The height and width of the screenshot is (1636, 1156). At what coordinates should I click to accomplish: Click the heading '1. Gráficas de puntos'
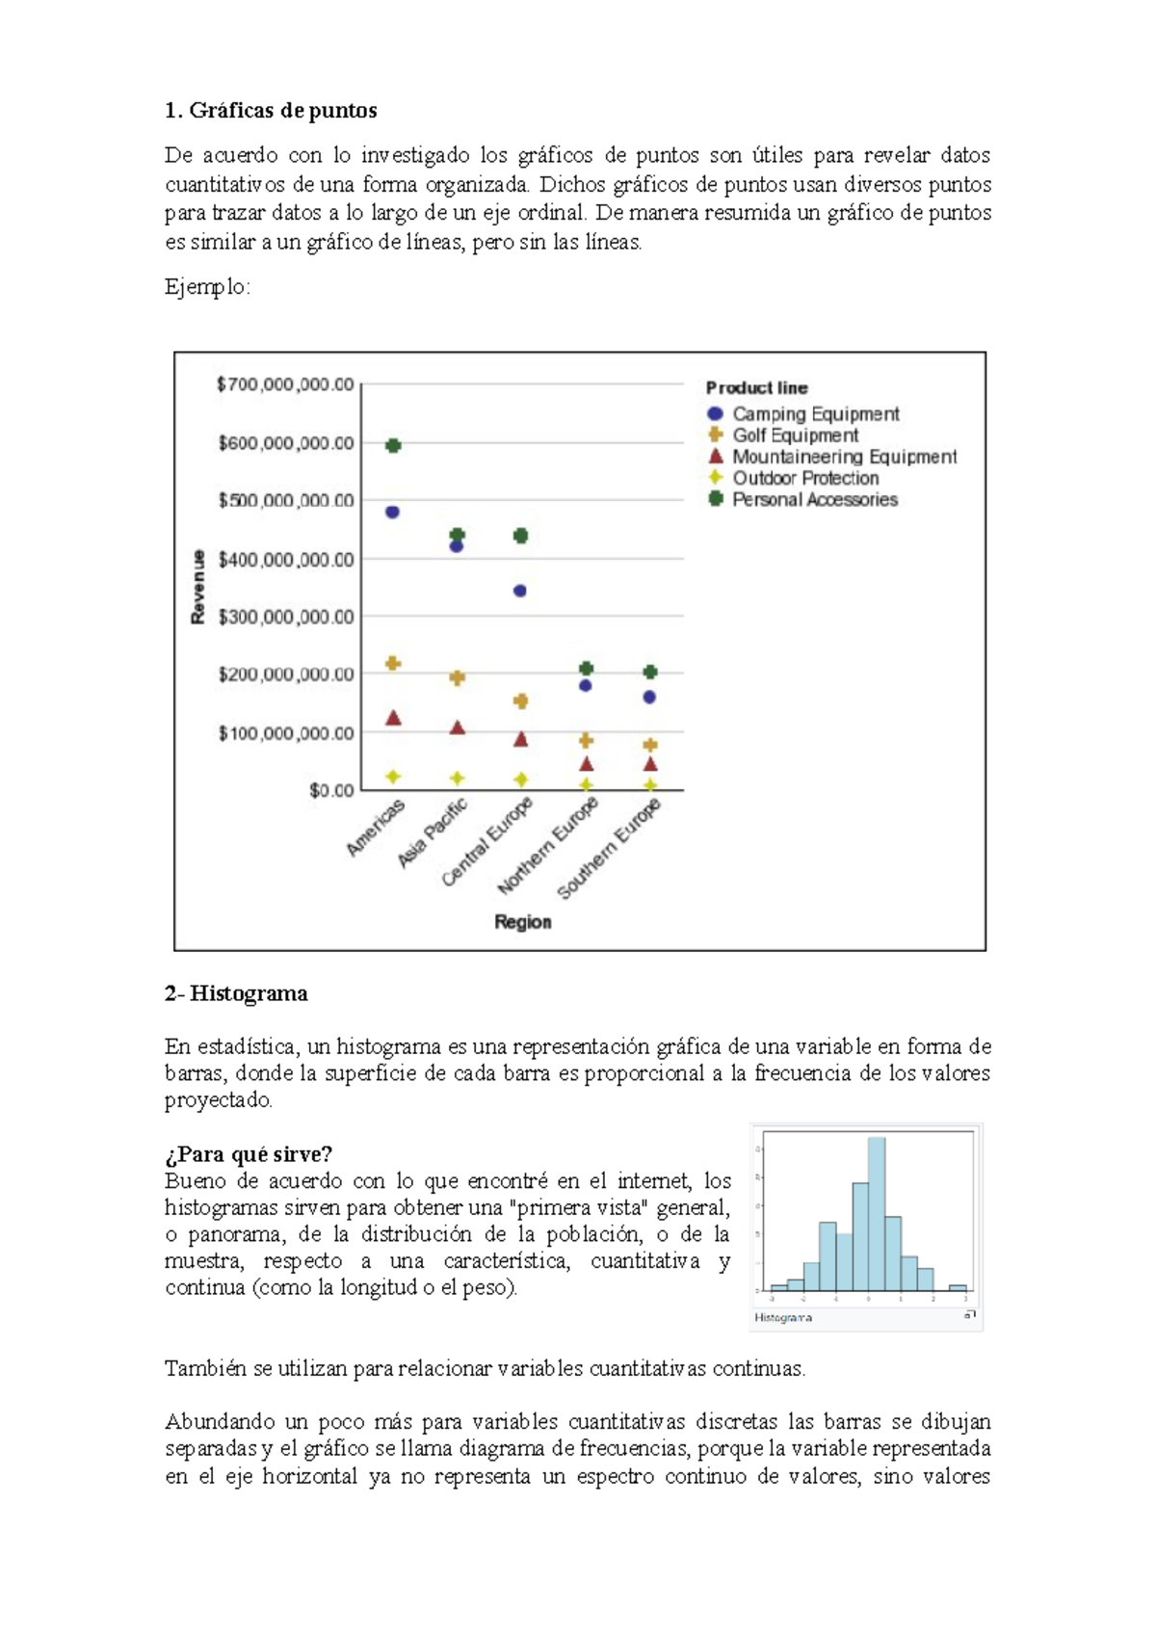271,111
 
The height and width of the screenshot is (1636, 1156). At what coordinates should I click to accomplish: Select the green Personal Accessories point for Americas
393,445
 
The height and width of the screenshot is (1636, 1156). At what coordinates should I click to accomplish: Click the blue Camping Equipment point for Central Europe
520,591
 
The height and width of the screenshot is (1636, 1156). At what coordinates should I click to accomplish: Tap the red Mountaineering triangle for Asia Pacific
458,728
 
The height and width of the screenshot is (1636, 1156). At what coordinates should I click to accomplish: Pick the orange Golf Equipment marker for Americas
393,664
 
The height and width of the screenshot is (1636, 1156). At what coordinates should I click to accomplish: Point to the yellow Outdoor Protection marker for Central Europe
521,779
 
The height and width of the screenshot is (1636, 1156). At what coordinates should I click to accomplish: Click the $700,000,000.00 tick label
286,385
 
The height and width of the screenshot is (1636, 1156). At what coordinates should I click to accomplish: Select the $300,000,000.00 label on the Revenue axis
286,617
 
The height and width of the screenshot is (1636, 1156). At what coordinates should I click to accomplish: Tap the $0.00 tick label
331,791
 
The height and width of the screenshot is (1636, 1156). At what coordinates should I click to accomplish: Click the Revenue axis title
198,587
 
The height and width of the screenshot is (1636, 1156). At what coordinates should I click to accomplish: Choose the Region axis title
523,922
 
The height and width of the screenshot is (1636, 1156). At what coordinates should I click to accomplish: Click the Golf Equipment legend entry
795,435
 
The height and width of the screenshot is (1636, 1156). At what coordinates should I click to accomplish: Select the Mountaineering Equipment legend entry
844,457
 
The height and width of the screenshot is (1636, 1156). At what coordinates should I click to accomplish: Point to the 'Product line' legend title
756,388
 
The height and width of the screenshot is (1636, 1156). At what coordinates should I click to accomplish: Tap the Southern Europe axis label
610,850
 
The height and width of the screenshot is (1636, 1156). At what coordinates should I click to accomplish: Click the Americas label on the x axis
377,828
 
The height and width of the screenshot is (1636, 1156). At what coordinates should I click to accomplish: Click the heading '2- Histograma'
236,993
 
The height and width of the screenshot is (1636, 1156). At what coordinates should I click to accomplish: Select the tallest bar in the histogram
876,1214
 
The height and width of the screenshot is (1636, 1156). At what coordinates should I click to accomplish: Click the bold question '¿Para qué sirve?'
249,1154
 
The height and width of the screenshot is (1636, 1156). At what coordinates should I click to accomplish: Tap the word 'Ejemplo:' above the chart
207,287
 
